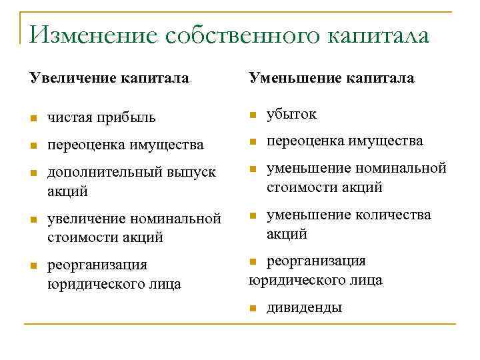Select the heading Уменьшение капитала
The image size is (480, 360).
331,79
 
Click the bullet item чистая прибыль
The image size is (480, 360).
102,118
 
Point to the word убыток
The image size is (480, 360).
291,115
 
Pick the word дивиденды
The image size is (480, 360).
304,308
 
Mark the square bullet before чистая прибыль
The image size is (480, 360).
33,119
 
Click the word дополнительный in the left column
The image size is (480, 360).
101,172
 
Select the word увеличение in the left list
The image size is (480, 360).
87,219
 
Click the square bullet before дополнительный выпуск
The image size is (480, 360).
33,173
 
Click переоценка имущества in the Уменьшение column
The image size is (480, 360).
345,141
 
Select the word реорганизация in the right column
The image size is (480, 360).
316,261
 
